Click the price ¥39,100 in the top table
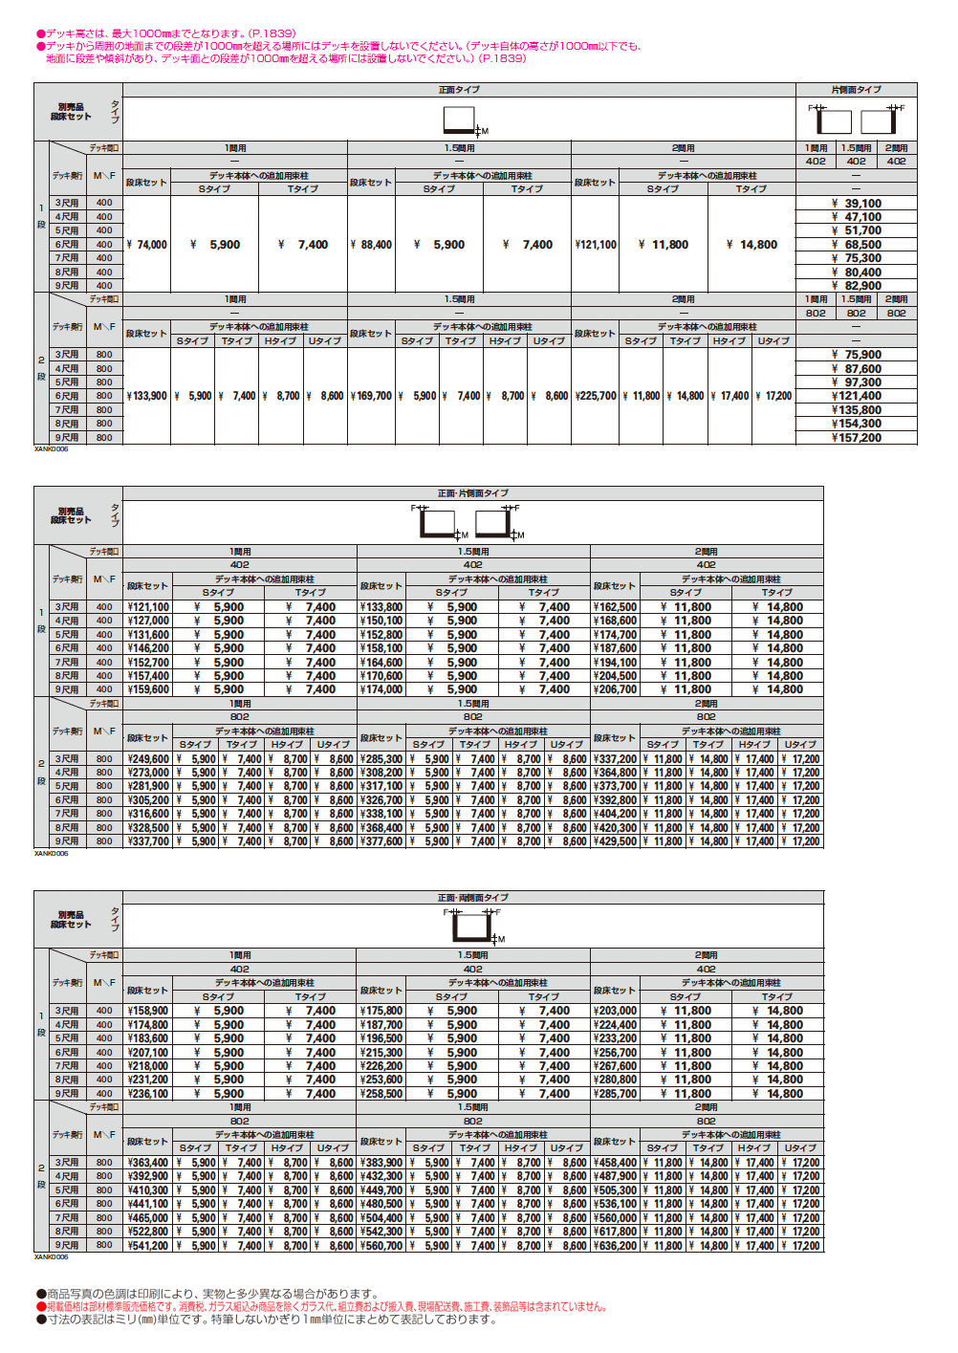[x=857, y=204]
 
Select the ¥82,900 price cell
[x=857, y=286]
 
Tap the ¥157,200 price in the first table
[x=857, y=438]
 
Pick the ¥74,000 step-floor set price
[x=146, y=245]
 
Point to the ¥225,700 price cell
[x=595, y=396]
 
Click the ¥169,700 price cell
[x=371, y=396]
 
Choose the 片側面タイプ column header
[x=856, y=90]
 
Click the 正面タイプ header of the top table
[x=459, y=90]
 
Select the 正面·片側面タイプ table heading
[x=473, y=493]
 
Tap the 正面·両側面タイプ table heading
[x=473, y=898]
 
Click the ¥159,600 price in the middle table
[x=147, y=689]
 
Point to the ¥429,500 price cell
[x=615, y=841]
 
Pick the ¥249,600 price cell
[x=147, y=759]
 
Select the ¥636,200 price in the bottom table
[x=615, y=1246]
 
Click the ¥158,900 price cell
[x=147, y=1011]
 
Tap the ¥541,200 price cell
[x=147, y=1246]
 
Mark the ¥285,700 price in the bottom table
[x=615, y=1094]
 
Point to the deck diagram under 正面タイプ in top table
[x=461, y=120]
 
